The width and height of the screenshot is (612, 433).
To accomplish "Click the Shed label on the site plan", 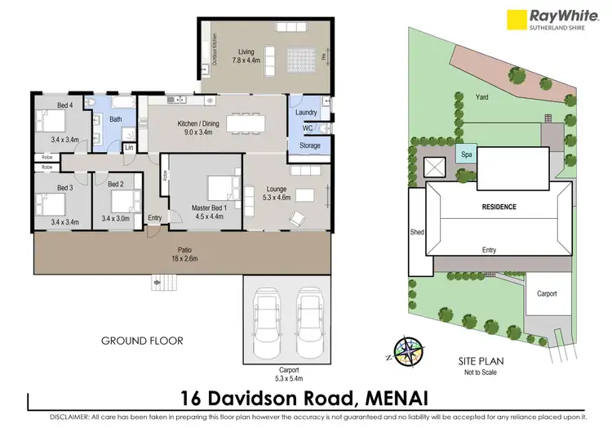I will point(416,232).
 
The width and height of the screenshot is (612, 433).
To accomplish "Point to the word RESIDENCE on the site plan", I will point(497,207).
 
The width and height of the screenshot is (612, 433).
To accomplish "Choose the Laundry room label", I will point(306,112).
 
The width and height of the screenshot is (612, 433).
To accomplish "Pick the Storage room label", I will point(309,145).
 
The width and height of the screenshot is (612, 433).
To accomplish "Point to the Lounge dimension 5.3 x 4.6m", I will point(276,197).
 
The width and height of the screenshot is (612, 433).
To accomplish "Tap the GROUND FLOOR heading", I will point(142,340).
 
